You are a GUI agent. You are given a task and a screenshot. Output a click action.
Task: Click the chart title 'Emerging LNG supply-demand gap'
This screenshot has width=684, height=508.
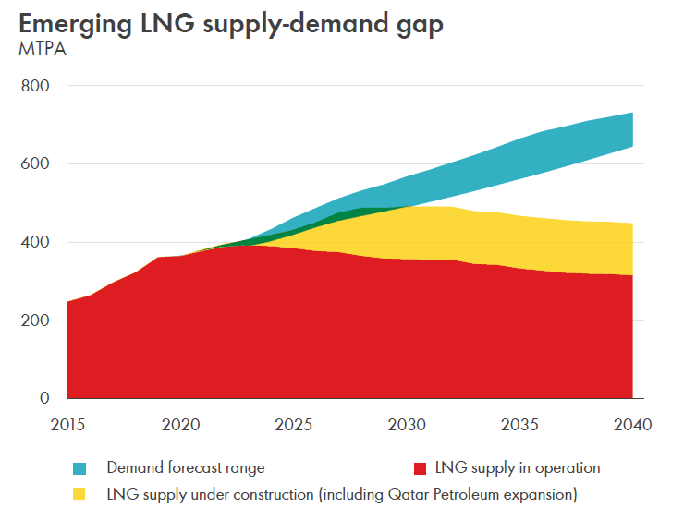230,24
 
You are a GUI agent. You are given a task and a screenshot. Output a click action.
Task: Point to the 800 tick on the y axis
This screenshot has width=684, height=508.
35,86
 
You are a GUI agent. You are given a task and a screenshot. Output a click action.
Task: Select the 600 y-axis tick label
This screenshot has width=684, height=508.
35,164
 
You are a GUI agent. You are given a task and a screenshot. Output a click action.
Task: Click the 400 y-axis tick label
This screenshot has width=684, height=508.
35,243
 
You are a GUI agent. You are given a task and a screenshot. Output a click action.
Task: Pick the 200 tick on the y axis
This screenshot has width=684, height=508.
35,321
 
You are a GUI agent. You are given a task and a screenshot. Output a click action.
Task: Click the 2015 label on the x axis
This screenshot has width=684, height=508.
67,425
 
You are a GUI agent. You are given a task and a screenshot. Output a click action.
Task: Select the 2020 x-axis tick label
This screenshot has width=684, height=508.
181,425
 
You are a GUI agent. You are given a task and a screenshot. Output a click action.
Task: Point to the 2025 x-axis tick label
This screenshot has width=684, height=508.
294,425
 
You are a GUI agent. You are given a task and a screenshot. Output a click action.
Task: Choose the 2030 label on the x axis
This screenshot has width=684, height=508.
407,425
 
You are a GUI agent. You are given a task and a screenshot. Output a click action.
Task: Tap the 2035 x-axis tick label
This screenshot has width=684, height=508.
519,425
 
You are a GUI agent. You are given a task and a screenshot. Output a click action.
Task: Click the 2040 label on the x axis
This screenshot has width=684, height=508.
632,425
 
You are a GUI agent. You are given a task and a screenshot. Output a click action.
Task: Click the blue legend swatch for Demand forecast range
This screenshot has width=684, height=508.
79,468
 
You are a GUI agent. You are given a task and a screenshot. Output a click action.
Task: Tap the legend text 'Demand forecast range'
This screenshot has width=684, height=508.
186,468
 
